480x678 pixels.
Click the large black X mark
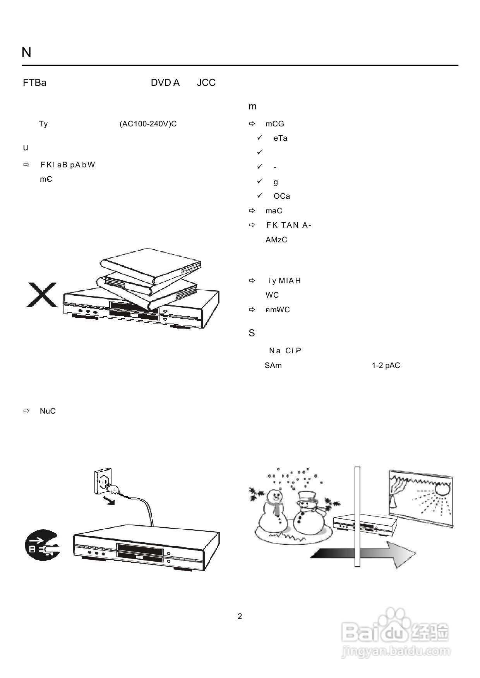(41, 295)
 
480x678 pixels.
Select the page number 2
(240, 616)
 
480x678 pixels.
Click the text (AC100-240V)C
(148, 124)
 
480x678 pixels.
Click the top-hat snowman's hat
(307, 496)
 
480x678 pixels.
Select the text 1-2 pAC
(386, 366)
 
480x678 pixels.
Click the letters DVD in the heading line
(160, 83)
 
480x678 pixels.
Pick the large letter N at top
(26, 53)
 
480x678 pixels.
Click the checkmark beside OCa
(260, 196)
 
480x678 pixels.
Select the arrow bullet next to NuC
(26, 411)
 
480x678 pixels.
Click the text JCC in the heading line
(206, 83)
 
